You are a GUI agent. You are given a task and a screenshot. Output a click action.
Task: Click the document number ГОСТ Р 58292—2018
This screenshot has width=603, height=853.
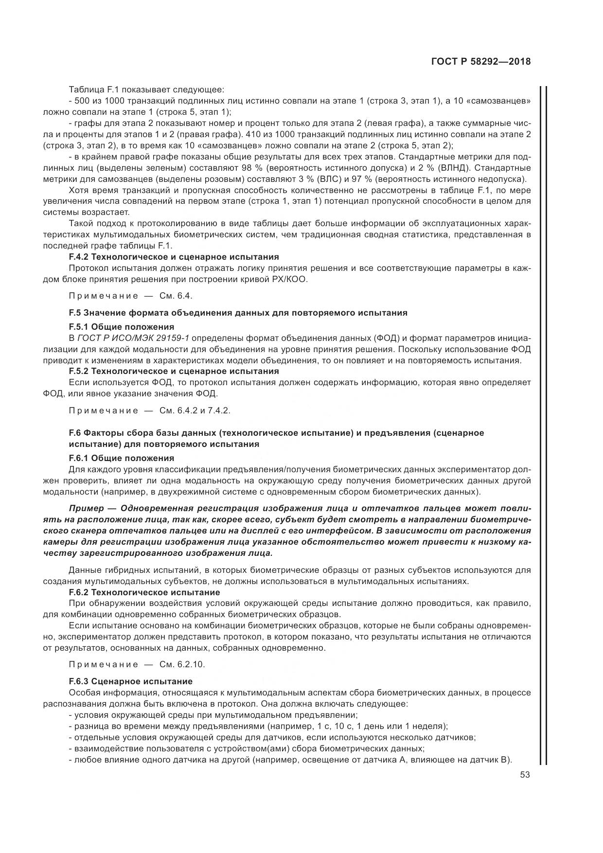(480, 62)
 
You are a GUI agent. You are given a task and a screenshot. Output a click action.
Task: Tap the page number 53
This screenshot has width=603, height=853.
(525, 775)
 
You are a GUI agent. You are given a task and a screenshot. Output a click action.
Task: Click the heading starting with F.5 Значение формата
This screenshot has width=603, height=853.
(238, 313)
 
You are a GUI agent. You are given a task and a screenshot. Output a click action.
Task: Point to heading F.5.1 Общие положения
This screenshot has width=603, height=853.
(122, 327)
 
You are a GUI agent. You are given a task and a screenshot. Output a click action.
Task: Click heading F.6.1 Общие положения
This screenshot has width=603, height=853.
(122, 458)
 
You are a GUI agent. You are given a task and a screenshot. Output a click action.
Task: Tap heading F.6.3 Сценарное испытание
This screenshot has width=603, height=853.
(131, 681)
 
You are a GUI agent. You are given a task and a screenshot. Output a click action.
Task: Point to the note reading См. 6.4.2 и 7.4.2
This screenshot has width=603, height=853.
(195, 410)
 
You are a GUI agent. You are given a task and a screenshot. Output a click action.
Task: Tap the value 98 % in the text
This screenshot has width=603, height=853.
(250, 168)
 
